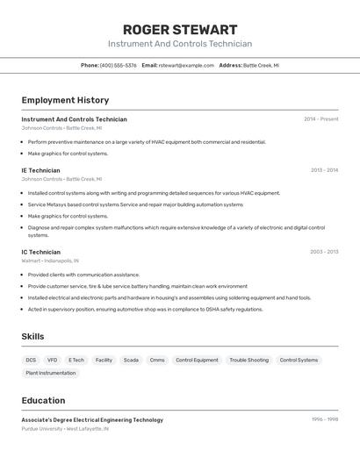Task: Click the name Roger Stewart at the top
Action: click(180, 30)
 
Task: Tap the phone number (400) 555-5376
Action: click(118, 65)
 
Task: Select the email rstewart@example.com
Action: click(186, 65)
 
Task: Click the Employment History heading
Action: click(65, 100)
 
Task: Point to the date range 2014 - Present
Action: click(320, 119)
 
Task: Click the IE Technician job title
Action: click(41, 170)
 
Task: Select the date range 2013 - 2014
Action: click(324, 170)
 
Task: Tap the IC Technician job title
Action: click(41, 252)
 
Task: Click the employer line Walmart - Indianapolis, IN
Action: click(50, 261)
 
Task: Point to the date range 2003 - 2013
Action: click(324, 252)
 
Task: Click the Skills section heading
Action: click(32, 337)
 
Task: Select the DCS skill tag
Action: click(31, 360)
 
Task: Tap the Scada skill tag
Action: click(131, 360)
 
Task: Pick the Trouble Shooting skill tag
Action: click(249, 360)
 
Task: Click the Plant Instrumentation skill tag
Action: click(51, 373)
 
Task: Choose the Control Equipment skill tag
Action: click(197, 360)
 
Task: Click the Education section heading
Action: click(43, 400)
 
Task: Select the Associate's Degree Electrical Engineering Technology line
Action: click(92, 420)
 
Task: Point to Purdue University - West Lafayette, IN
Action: click(65, 429)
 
